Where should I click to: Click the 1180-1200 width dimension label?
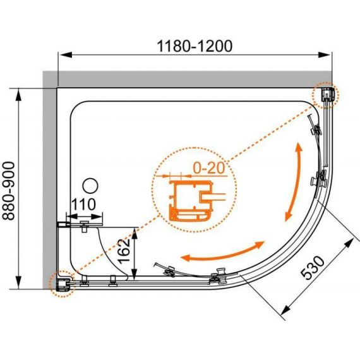pos(195,46)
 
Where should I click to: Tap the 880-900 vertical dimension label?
pos(9,191)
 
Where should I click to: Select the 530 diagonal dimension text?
pos(313,268)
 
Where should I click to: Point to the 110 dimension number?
pos(83,205)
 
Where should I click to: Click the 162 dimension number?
pos(124,251)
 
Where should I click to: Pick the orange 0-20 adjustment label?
pos(208,168)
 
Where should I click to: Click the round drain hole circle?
pos(90,186)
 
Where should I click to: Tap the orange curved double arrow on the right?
pos(294,182)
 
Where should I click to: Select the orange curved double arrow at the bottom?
pos(222,252)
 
